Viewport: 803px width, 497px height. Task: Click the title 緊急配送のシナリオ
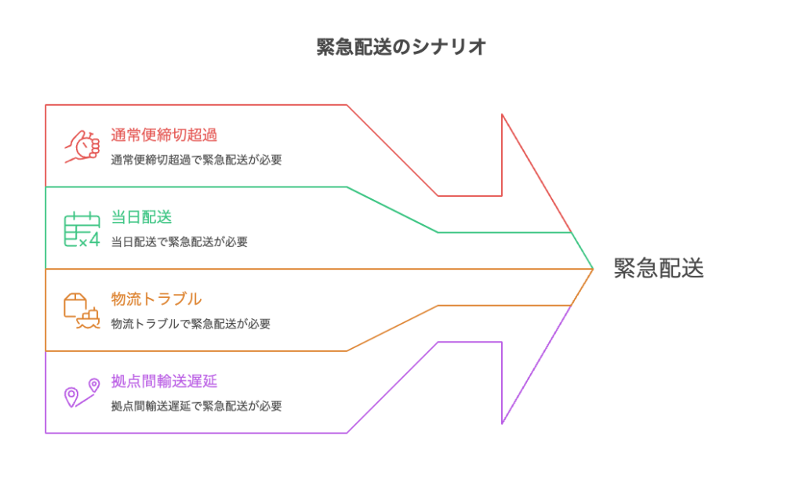(x=401, y=47)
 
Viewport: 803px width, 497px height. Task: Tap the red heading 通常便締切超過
(x=164, y=135)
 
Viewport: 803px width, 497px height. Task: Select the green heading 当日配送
(x=141, y=217)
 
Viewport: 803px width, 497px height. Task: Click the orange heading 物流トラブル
(x=156, y=299)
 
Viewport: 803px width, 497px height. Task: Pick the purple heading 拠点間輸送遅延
(x=164, y=381)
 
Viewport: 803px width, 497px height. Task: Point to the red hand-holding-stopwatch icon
(x=82, y=146)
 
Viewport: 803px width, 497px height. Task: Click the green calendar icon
(x=82, y=229)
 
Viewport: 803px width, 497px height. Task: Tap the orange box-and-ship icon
(x=82, y=310)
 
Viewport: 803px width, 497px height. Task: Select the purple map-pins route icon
(x=82, y=392)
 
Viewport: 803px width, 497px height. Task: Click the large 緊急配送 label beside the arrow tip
(x=659, y=268)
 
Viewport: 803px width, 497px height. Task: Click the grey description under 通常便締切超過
(x=196, y=160)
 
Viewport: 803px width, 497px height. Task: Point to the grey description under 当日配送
(x=180, y=242)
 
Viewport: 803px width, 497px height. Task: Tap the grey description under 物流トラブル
(x=191, y=324)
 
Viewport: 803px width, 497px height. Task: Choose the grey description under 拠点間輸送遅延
(x=196, y=406)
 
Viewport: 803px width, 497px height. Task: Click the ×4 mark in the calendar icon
(x=91, y=241)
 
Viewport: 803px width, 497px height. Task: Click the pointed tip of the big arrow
(x=593, y=269)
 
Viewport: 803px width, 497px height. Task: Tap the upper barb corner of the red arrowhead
(x=502, y=114)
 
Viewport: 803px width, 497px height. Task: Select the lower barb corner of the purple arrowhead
(x=502, y=423)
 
